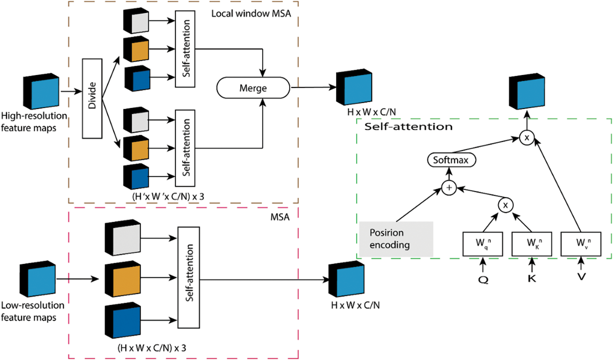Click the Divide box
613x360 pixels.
[x=92, y=98]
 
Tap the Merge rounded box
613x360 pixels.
[x=253, y=88]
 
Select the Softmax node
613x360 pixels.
[x=451, y=160]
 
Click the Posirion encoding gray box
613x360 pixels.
[x=396, y=239]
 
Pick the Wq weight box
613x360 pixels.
[x=483, y=244]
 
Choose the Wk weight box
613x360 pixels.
[x=532, y=244]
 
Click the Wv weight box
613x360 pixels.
[x=581, y=244]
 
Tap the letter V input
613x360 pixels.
[x=581, y=277]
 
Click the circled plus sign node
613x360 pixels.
[x=449, y=188]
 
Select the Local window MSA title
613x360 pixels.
[x=251, y=14]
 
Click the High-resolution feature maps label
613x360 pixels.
[x=34, y=122]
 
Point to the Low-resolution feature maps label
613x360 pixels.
[x=33, y=311]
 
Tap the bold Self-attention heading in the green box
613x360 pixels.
[x=408, y=127]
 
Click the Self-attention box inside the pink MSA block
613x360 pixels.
[x=189, y=277]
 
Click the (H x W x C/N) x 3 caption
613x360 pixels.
[x=152, y=348]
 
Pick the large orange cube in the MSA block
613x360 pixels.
[x=123, y=279]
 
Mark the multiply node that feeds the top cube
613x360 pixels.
[x=527, y=138]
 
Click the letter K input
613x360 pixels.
[x=532, y=278]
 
